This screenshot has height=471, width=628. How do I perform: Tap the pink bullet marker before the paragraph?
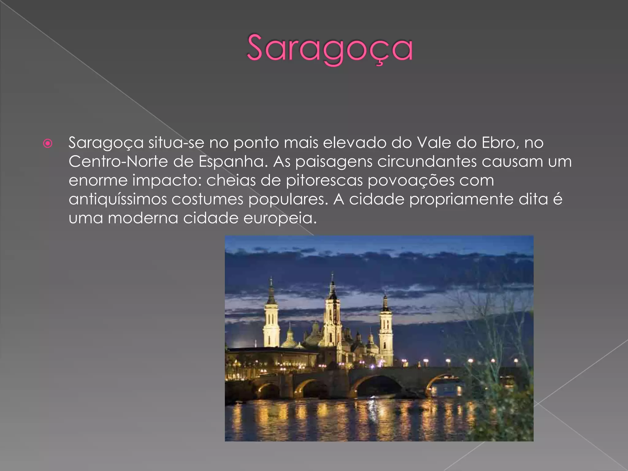coord(48,143)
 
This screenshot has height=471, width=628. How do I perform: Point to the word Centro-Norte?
coord(118,162)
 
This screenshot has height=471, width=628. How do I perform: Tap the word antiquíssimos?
coord(118,200)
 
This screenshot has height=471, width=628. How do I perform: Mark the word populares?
coord(288,200)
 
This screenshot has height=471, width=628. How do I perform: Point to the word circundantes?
coord(427,162)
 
